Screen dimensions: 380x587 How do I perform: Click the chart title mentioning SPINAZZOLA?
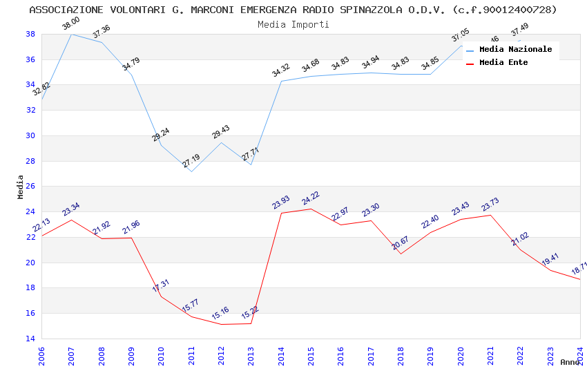[x=293, y=10]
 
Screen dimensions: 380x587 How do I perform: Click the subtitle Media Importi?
[x=293, y=24]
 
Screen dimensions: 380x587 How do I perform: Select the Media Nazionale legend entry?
[x=515, y=50]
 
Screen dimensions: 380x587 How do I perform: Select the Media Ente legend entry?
[x=503, y=63]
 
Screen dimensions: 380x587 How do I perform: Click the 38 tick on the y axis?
[x=30, y=34]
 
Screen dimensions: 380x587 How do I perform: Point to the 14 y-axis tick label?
[x=30, y=339]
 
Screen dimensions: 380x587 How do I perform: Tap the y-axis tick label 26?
[x=30, y=187]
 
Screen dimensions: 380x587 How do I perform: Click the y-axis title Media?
[x=20, y=187]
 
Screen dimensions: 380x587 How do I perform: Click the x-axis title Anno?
[x=570, y=362]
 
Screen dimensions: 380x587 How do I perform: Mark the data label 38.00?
[x=70, y=24]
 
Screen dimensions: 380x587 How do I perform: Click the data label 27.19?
[x=191, y=162]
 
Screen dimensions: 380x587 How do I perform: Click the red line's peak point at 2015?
[x=311, y=209]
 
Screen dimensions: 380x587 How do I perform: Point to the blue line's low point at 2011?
[x=191, y=171]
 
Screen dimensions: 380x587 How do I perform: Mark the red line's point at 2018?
[x=401, y=254]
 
